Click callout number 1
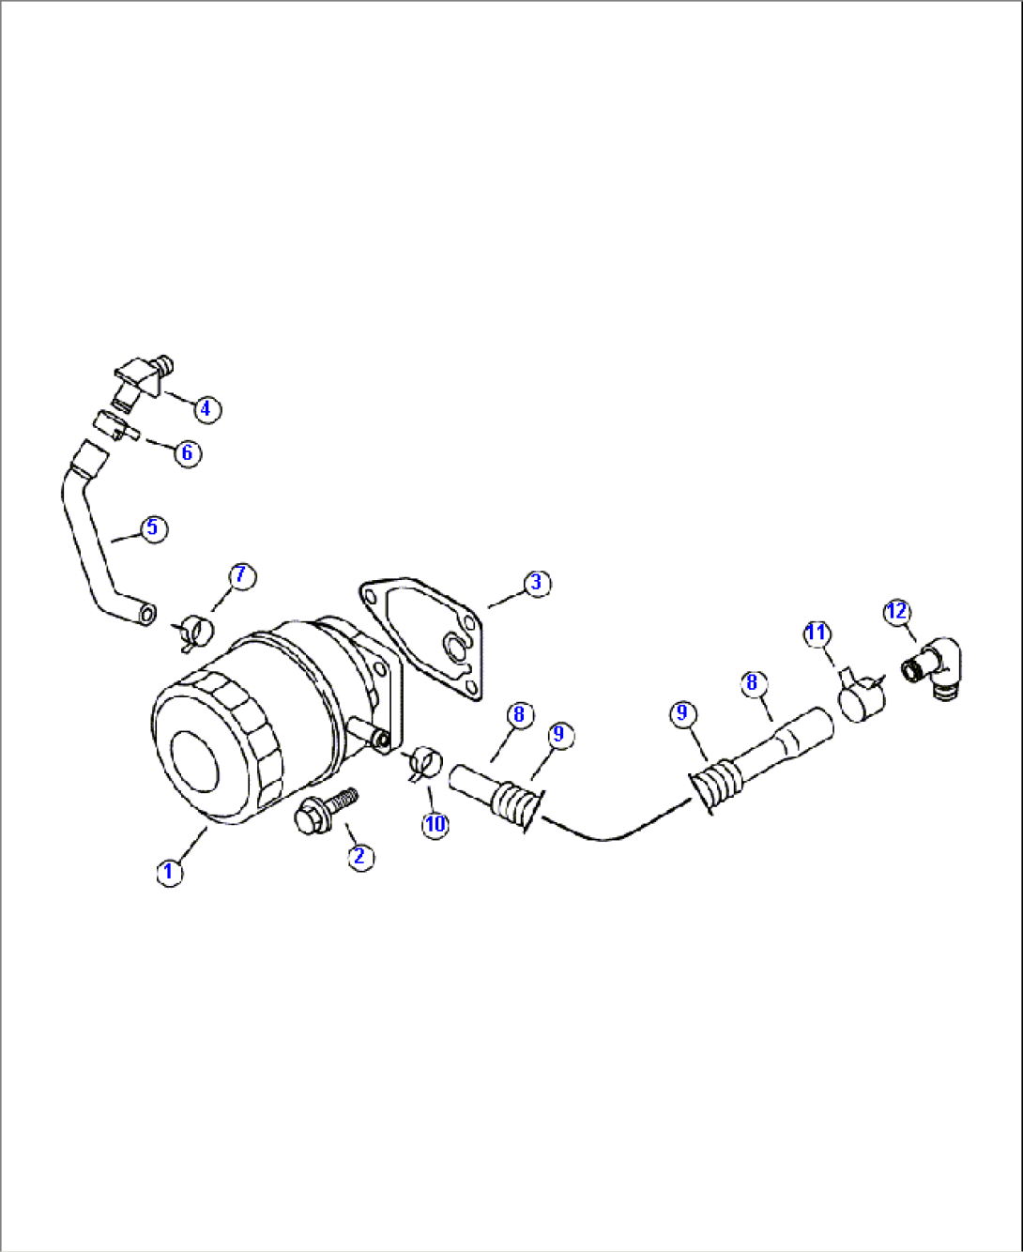point(169,872)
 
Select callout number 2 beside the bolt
point(359,856)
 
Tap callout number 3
point(536,583)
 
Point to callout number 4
point(206,409)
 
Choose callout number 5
point(154,528)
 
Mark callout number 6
point(187,453)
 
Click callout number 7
point(241,575)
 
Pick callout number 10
point(435,825)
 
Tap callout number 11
point(817,633)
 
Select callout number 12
point(897,612)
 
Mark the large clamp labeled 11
point(859,698)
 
